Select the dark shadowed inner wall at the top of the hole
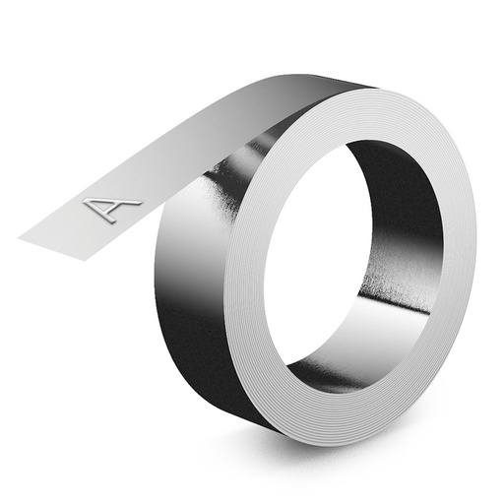point(384,162)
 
